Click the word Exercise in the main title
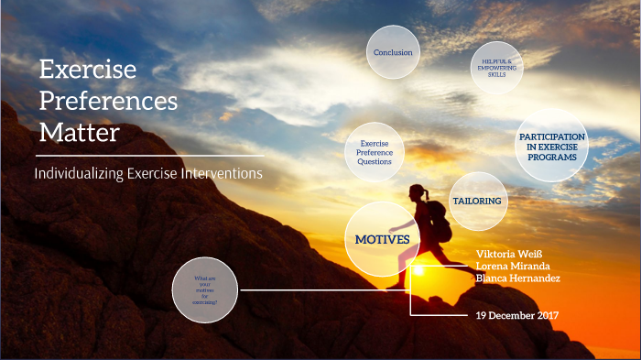click(88, 70)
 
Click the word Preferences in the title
click(108, 101)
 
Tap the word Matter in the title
click(79, 133)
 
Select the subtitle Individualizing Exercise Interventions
click(148, 173)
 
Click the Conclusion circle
click(393, 52)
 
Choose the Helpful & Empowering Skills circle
click(498, 67)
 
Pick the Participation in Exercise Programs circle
click(551, 147)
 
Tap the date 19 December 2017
click(517, 316)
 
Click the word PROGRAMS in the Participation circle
click(551, 158)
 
